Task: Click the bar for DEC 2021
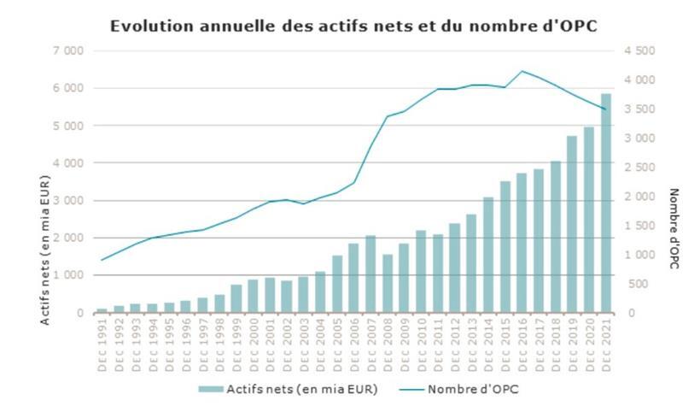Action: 606,203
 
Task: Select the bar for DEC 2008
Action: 388,284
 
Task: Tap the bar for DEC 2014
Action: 488,256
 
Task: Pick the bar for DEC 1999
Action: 236,299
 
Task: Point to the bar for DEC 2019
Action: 572,224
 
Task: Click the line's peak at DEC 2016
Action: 522,71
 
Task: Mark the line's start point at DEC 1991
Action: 102,260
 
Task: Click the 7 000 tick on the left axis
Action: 68,51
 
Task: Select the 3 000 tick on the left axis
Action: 68,201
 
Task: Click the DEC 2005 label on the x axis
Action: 337,344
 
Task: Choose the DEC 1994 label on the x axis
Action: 153,344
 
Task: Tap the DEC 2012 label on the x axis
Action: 455,344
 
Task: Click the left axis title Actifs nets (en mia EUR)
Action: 44,250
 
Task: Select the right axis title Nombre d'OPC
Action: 674,229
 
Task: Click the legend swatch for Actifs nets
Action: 211,389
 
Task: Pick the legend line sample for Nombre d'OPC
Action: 411,389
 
